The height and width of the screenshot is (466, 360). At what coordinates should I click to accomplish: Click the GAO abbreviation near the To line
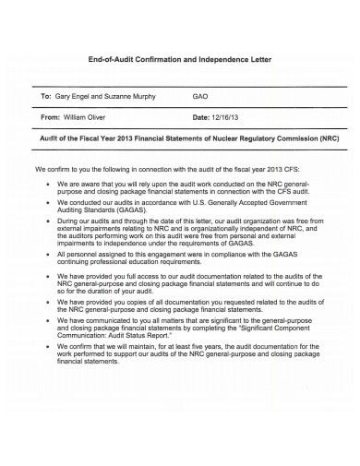pyautogui.click(x=199, y=96)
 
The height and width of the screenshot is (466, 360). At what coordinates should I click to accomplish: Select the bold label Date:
pyautogui.click(x=201, y=118)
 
